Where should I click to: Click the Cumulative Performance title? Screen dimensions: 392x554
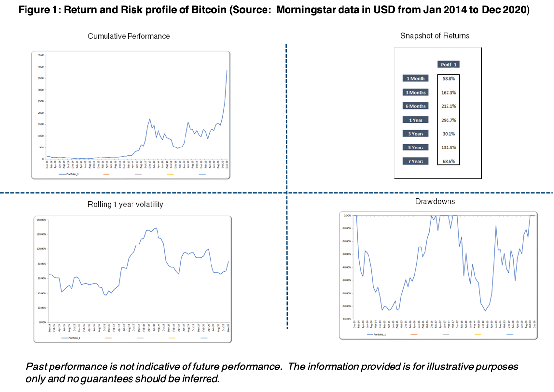(x=129, y=36)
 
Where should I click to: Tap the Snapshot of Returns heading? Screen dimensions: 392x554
(x=434, y=36)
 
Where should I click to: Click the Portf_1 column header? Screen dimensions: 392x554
(x=448, y=64)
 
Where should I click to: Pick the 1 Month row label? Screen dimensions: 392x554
(x=415, y=78)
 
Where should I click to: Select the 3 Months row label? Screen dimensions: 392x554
(x=415, y=92)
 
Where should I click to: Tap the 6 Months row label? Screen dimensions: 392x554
(x=415, y=106)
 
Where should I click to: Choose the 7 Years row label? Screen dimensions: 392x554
(x=415, y=161)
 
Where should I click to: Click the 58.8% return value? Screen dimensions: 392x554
(x=448, y=78)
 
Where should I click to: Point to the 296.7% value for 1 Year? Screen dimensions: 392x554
(x=448, y=120)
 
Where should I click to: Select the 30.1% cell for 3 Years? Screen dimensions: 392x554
(x=448, y=134)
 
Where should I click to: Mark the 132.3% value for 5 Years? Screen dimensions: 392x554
(x=448, y=147)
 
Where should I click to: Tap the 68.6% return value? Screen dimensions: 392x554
(x=448, y=161)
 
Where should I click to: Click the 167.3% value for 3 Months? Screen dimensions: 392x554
(x=448, y=92)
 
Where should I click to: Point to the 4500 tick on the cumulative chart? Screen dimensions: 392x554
(x=41, y=55)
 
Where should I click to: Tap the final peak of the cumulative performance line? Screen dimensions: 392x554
(x=227, y=70)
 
